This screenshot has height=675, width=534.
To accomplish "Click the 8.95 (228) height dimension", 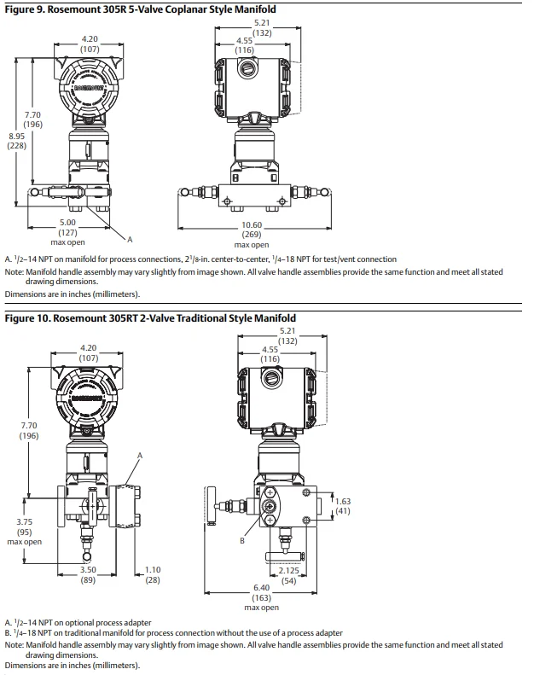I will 17,141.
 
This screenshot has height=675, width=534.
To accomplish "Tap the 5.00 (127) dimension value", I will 67,228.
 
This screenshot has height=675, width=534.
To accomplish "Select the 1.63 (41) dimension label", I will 342,506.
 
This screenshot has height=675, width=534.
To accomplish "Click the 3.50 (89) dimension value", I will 88,574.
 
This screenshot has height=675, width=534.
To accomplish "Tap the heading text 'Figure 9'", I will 26,9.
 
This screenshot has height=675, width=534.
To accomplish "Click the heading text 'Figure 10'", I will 28,318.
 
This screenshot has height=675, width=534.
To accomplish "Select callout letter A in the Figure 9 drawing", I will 130,240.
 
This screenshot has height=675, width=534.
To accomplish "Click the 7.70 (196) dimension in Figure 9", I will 32,119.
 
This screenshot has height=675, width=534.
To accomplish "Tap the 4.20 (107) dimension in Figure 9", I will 90,44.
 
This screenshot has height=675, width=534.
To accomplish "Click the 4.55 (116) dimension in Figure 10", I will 270,355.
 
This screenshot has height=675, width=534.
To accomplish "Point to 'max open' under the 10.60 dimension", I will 251,245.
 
